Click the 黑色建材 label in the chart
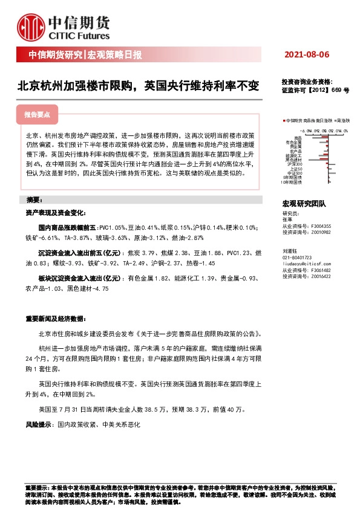point(296,160)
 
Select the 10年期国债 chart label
point(293,181)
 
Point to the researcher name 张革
point(287,219)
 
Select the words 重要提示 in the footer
point(34,487)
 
